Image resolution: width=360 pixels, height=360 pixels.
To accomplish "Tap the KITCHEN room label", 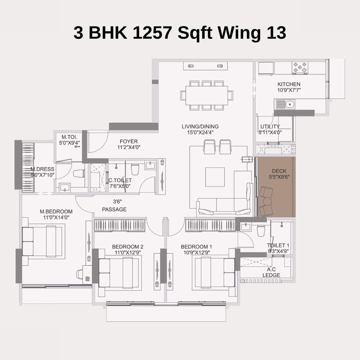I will tap(289, 84).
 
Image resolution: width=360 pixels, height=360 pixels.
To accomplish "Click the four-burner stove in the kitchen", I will tap(300, 68).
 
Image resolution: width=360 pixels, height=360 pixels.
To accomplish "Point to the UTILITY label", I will tap(270, 126).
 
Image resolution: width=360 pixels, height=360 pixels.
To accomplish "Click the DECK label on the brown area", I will tap(279, 171).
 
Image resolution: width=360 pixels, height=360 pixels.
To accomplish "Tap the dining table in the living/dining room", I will tap(207, 95).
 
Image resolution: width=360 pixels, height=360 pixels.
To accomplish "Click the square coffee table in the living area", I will tap(215, 177).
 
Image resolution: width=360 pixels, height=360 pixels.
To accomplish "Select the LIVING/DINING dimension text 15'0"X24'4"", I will tap(200, 132).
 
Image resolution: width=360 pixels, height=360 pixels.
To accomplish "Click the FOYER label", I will tap(129, 141).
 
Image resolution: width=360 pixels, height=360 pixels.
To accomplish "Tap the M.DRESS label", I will tap(42, 169).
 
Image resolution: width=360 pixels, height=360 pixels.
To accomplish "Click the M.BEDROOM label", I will tap(56, 211).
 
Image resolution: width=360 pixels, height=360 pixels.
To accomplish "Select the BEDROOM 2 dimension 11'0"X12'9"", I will tap(128, 252).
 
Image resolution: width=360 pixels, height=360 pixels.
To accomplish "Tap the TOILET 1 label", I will tap(278, 245).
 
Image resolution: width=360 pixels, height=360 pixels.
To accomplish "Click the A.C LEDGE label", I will tap(271, 272).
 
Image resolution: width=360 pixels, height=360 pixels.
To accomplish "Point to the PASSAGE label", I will tap(114, 209).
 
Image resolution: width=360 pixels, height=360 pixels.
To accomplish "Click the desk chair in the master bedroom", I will tap(80, 274).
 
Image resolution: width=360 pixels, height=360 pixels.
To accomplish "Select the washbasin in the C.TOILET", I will tap(149, 165).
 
